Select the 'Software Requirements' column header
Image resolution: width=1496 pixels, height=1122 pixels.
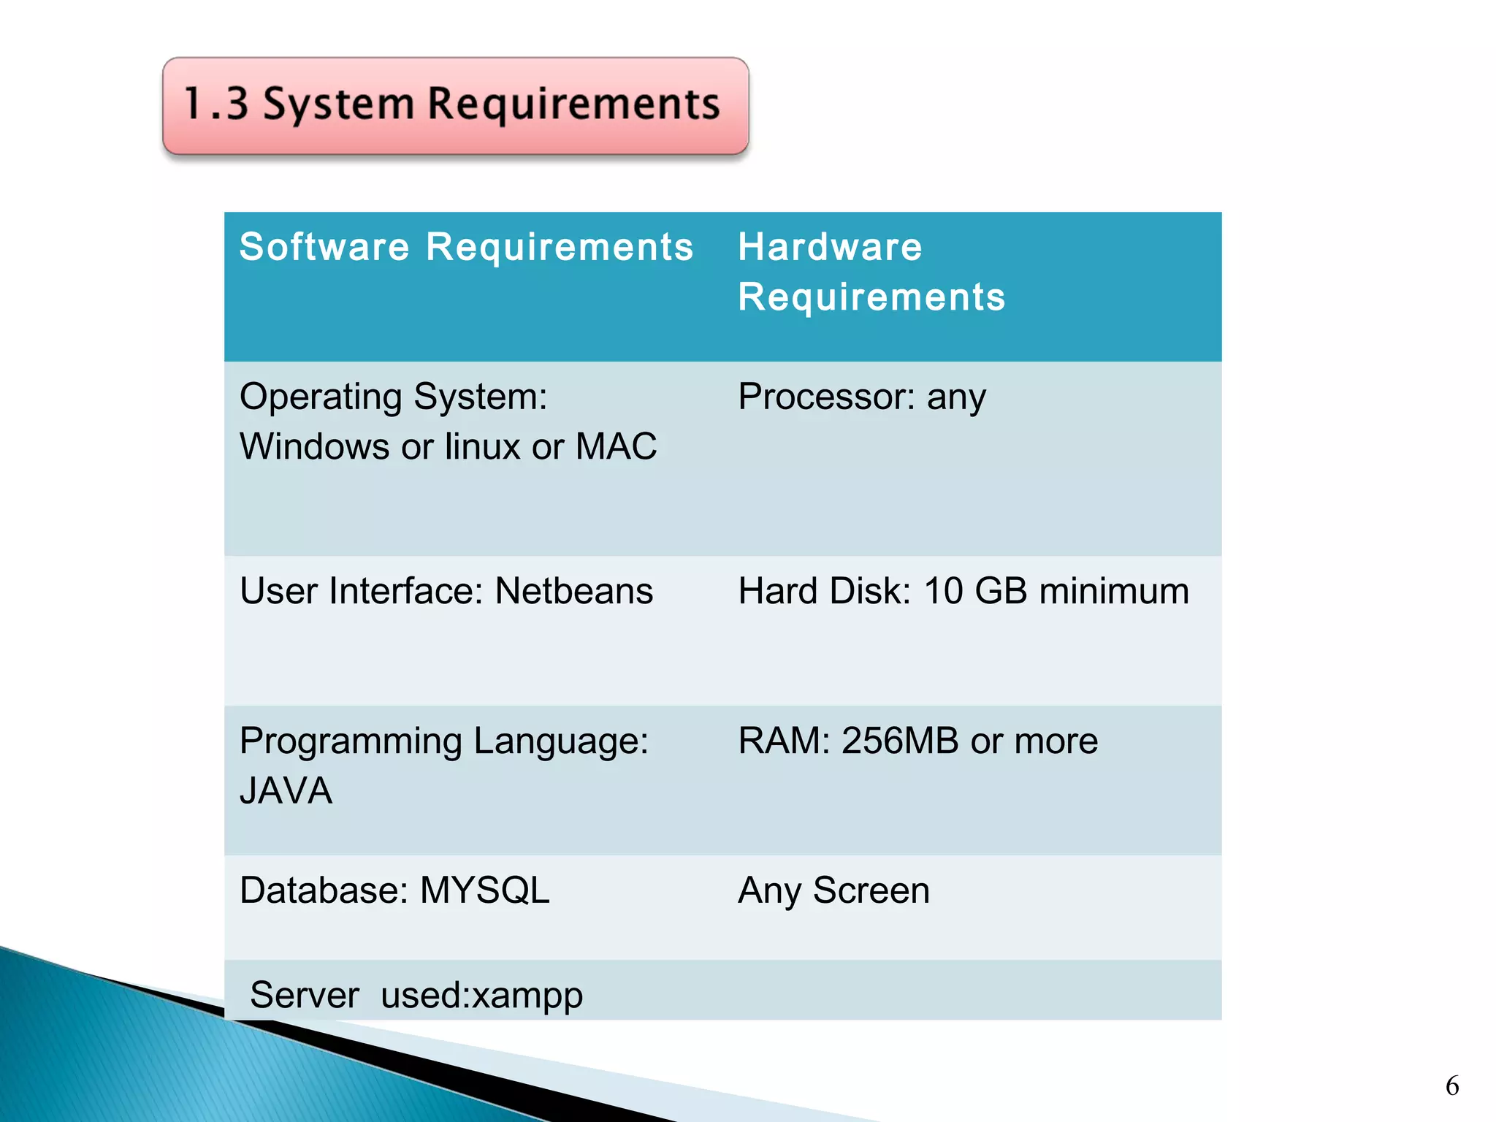pyautogui.click(x=466, y=247)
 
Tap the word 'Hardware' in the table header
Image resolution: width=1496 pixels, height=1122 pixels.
pyautogui.click(x=830, y=247)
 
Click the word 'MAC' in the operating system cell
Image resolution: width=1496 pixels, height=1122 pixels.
pyautogui.click(x=616, y=446)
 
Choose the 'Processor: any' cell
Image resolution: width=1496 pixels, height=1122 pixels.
pyautogui.click(x=862, y=397)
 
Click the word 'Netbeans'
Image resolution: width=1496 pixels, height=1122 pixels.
pyautogui.click(x=573, y=591)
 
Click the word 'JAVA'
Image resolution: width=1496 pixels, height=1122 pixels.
pyautogui.click(x=286, y=790)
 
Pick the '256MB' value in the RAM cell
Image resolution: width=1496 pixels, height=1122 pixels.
pyautogui.click(x=900, y=741)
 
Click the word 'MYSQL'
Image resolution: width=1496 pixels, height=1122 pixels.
pyautogui.click(x=484, y=890)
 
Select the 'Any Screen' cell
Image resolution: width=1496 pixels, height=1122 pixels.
pyautogui.click(x=833, y=890)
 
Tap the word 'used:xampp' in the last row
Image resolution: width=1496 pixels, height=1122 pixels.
pyautogui.click(x=481, y=996)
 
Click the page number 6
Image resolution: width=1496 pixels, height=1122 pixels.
pyautogui.click(x=1452, y=1086)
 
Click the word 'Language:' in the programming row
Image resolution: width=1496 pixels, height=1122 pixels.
pyautogui.click(x=560, y=741)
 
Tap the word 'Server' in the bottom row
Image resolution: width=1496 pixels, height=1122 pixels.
pyautogui.click(x=305, y=996)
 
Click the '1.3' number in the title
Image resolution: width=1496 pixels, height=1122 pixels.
pyautogui.click(x=215, y=104)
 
